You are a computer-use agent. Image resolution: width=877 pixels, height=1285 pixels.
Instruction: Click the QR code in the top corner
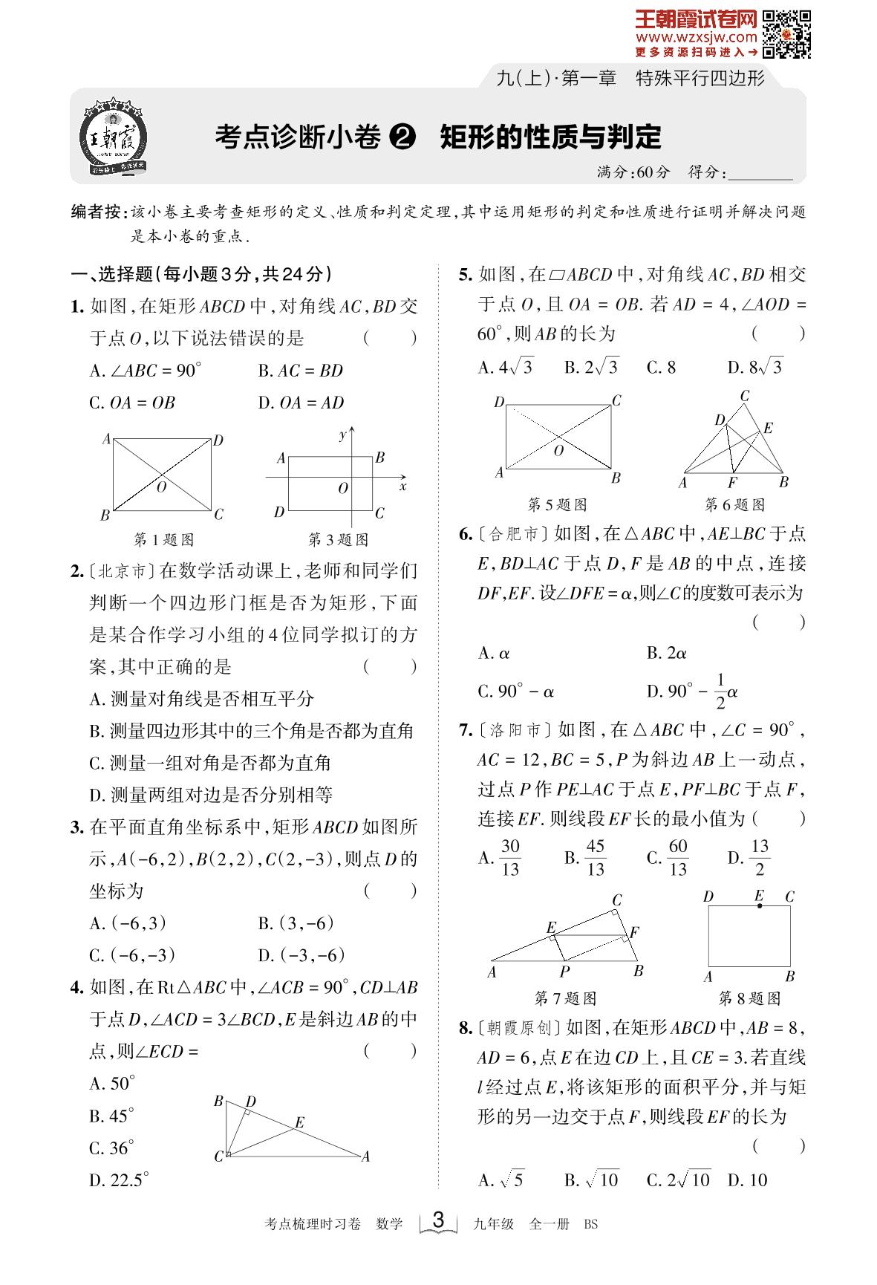786,33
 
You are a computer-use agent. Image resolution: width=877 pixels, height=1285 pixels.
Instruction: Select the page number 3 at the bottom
438,1220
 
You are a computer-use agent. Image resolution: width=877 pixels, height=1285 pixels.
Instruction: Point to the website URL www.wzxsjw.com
696,37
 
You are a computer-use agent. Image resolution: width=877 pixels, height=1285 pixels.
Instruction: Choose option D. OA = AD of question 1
301,403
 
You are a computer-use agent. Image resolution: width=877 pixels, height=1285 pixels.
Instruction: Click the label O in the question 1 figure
161,487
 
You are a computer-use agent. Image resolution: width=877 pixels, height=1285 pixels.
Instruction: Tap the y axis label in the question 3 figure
342,435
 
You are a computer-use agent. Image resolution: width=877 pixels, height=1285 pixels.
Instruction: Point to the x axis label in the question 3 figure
403,487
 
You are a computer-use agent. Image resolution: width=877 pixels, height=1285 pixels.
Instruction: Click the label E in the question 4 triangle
299,1122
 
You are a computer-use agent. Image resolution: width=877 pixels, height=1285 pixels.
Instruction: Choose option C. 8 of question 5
661,367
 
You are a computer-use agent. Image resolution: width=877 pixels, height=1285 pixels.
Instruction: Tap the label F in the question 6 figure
732,483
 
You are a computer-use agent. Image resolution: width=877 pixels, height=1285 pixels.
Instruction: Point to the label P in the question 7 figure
564,972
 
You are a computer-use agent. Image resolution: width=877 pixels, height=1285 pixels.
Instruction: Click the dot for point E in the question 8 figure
759,906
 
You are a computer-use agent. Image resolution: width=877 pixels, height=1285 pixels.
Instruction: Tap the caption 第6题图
734,505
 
